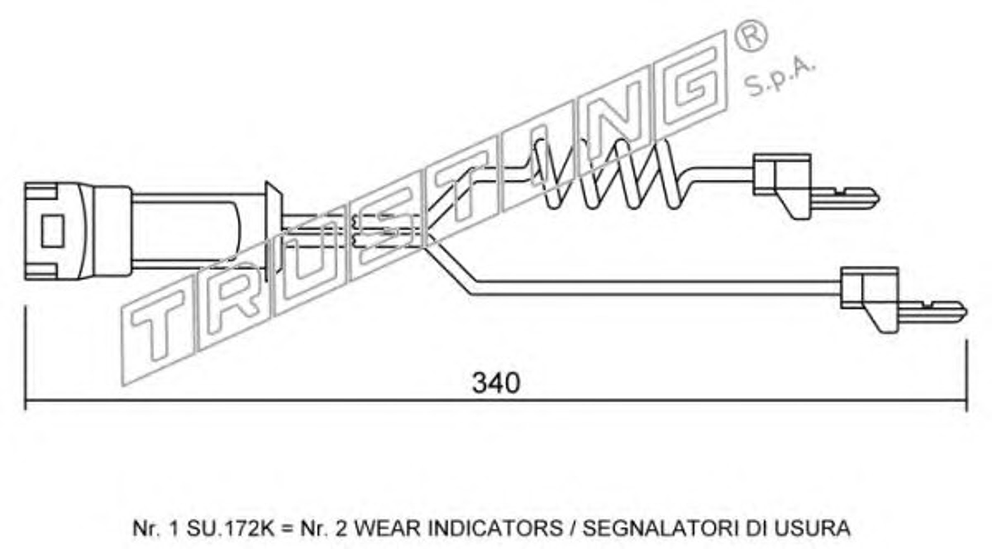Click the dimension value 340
[x=496, y=383]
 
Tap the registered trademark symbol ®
[x=751, y=36]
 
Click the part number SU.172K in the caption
[x=230, y=528]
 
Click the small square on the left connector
[x=52, y=231]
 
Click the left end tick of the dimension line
[x=26, y=358]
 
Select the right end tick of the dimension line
[x=966, y=375]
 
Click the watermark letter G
[x=694, y=79]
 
